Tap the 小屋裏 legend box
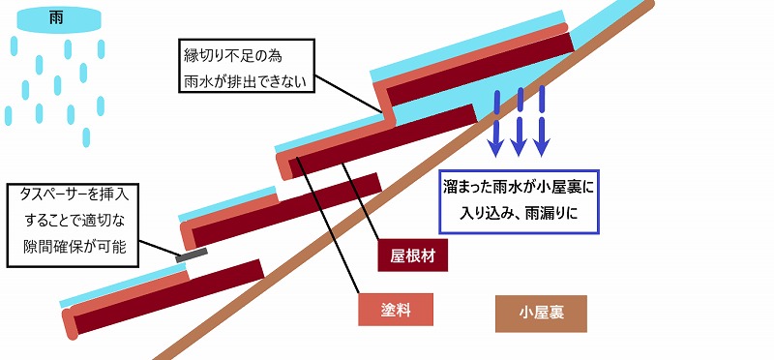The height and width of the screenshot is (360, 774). pos(541,313)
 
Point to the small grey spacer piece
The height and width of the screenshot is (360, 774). pos(192,255)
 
